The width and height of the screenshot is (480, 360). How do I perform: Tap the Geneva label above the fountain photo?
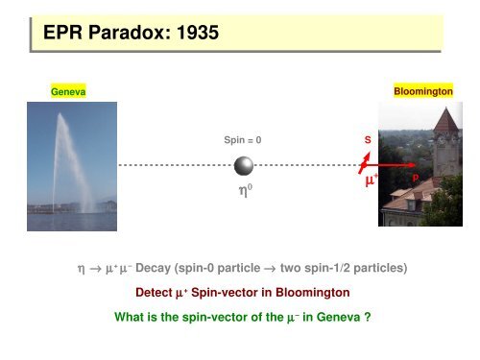(x=68, y=91)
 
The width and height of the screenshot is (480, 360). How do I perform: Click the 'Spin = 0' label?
(x=242, y=140)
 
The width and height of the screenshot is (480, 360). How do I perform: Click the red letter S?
(x=367, y=140)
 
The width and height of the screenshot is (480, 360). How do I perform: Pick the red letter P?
(x=415, y=178)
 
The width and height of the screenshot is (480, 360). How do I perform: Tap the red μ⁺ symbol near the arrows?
(x=369, y=180)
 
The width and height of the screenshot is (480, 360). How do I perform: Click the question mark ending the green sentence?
(x=369, y=312)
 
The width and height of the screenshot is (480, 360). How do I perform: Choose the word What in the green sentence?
(x=128, y=312)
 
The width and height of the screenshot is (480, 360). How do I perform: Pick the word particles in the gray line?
(x=385, y=268)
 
